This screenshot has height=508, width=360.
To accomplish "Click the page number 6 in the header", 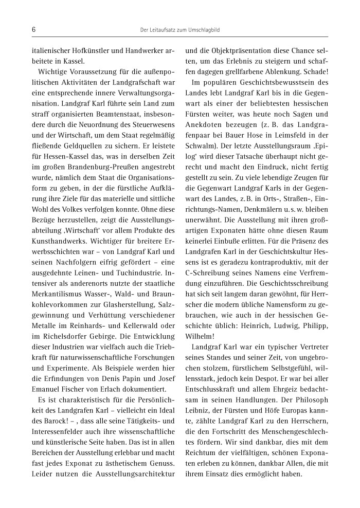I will (33, 30).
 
